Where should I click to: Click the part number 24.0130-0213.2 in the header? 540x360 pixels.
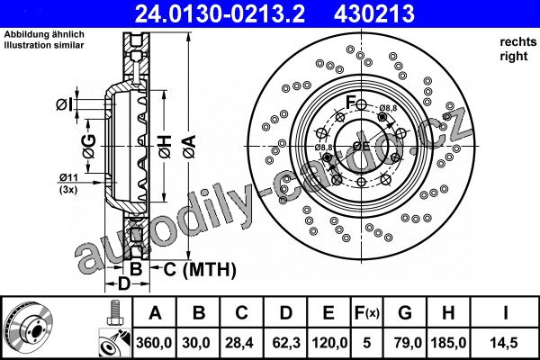point(220,14)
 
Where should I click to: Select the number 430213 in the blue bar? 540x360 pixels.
point(374,14)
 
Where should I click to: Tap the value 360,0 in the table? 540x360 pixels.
point(154,343)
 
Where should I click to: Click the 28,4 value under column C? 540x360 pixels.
point(240,343)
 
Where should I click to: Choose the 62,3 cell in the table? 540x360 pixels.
point(286,343)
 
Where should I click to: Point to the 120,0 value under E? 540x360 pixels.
point(329,343)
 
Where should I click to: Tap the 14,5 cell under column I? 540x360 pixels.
point(505,343)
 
